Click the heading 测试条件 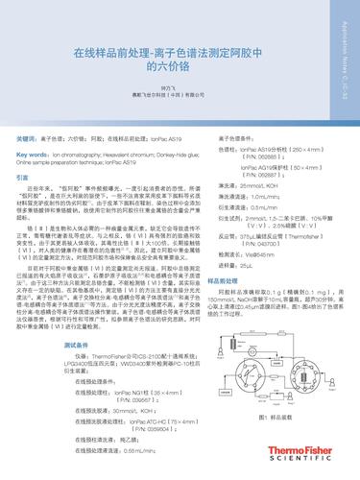pyautogui.click(x=77, y=368)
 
